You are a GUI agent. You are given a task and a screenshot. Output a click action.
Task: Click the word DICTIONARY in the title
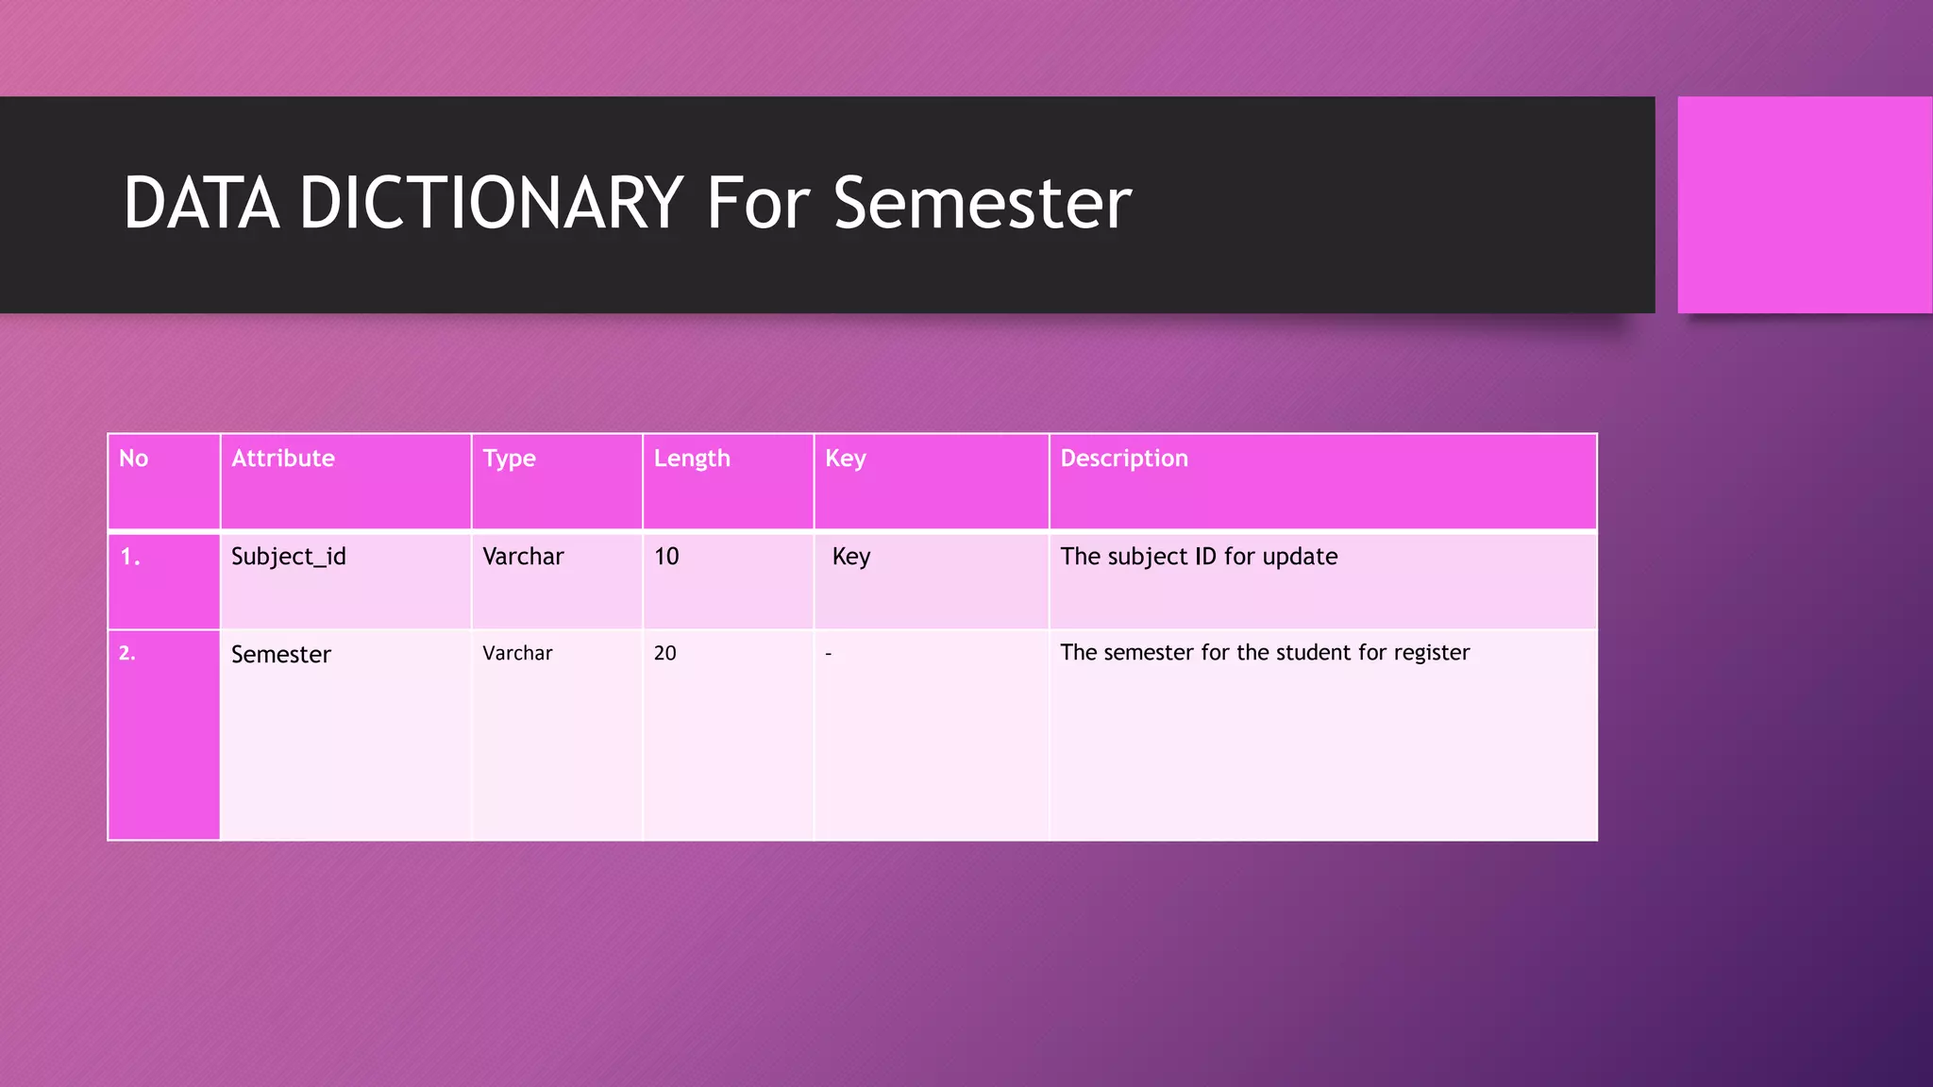pyautogui.click(x=491, y=203)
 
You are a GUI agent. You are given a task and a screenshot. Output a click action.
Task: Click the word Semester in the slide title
pyautogui.click(x=982, y=203)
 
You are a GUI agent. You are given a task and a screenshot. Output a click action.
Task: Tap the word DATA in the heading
pyautogui.click(x=201, y=203)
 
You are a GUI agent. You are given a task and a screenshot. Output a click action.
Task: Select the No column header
pyautogui.click(x=134, y=459)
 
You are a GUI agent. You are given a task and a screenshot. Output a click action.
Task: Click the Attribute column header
pyautogui.click(x=283, y=459)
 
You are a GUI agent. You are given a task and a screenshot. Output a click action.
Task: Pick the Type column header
pyautogui.click(x=509, y=459)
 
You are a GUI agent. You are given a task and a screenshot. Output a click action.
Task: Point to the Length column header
pyautogui.click(x=692, y=459)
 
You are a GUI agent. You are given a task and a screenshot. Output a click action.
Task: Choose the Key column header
pyautogui.click(x=845, y=459)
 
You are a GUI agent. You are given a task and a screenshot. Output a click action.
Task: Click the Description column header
pyautogui.click(x=1123, y=459)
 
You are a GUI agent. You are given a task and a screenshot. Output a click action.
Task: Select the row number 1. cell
pyautogui.click(x=130, y=557)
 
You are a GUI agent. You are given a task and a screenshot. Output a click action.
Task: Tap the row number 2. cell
pyautogui.click(x=127, y=653)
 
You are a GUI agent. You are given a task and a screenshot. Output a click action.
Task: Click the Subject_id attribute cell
pyautogui.click(x=289, y=557)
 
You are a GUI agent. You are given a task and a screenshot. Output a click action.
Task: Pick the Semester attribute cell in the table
pyautogui.click(x=281, y=655)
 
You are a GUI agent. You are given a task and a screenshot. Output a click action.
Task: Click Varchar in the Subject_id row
pyautogui.click(x=523, y=557)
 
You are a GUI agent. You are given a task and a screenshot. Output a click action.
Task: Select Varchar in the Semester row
pyautogui.click(x=517, y=653)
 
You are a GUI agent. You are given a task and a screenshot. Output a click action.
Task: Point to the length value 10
pyautogui.click(x=666, y=557)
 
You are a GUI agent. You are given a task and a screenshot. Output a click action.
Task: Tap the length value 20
pyautogui.click(x=665, y=653)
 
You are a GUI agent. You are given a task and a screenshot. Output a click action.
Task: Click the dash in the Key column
pyautogui.click(x=828, y=654)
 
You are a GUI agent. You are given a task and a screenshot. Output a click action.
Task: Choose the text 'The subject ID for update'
pyautogui.click(x=1199, y=557)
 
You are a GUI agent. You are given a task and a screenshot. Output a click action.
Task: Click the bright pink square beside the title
pyautogui.click(x=1804, y=205)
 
